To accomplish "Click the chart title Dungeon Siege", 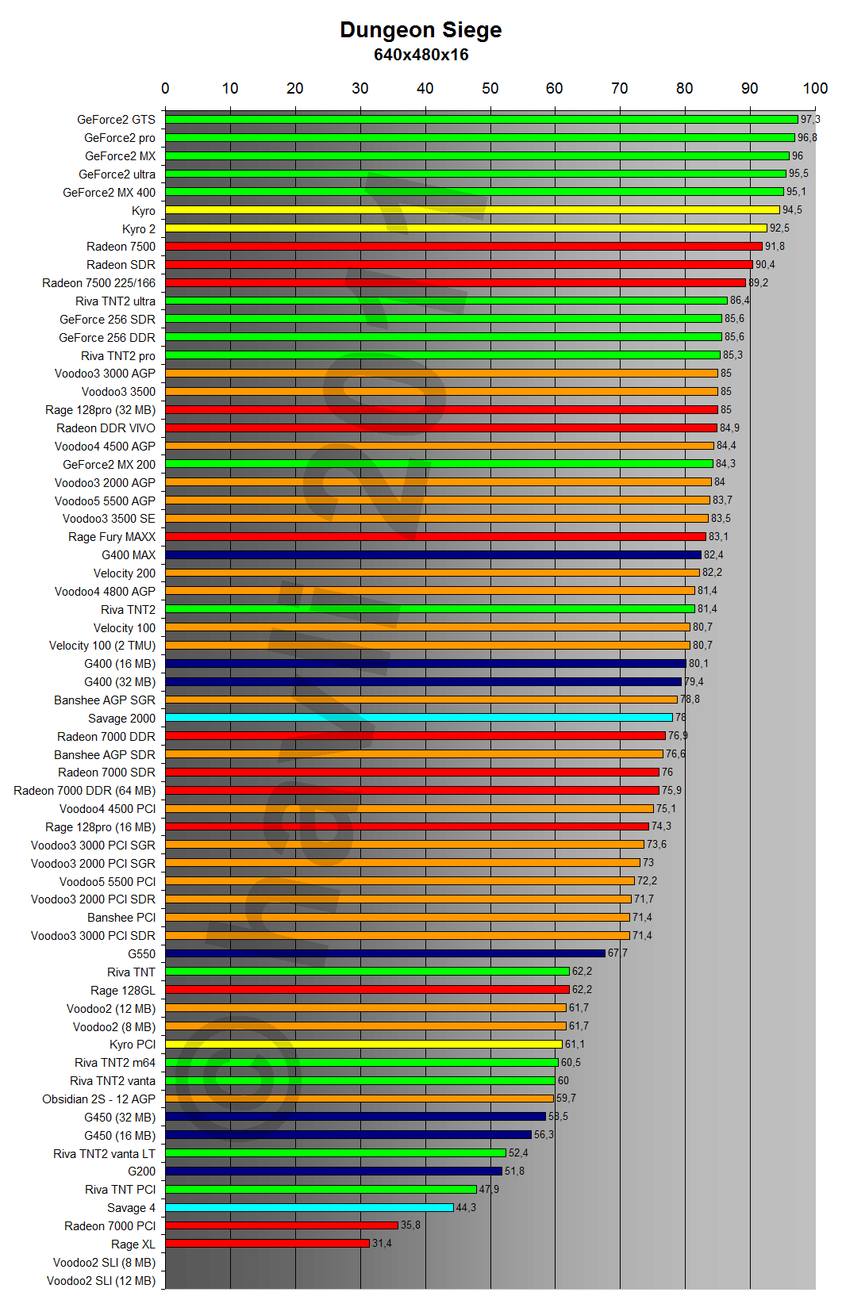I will pyautogui.click(x=421, y=30).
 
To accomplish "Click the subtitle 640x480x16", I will pyautogui.click(x=421, y=55).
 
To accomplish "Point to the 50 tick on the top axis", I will pyautogui.click(x=490, y=88).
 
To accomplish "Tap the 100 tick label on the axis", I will pyautogui.click(x=815, y=88).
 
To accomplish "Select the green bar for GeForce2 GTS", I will pyautogui.click(x=481, y=120).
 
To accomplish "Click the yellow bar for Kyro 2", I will pyautogui.click(x=466, y=228).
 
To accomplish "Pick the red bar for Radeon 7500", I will pyautogui.click(x=463, y=247).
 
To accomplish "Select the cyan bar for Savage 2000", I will pyautogui.click(x=419, y=718).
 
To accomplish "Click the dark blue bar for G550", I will pyautogui.click(x=385, y=953).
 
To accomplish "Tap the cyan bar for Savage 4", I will pyautogui.click(x=310, y=1208).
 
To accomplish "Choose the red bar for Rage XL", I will pyautogui.click(x=267, y=1244).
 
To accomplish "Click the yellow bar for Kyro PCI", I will pyautogui.click(x=363, y=1045).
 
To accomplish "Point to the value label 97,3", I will pyautogui.click(x=810, y=120).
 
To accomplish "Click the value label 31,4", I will pyautogui.click(x=382, y=1244).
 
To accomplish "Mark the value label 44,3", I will pyautogui.click(x=466, y=1208).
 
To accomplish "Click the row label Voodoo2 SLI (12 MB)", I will pyautogui.click(x=101, y=1281).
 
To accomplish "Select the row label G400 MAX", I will pyautogui.click(x=129, y=555).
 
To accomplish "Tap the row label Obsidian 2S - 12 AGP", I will pyautogui.click(x=99, y=1099).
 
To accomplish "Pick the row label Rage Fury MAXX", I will pyautogui.click(x=112, y=537).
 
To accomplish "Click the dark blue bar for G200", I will pyautogui.click(x=333, y=1172).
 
